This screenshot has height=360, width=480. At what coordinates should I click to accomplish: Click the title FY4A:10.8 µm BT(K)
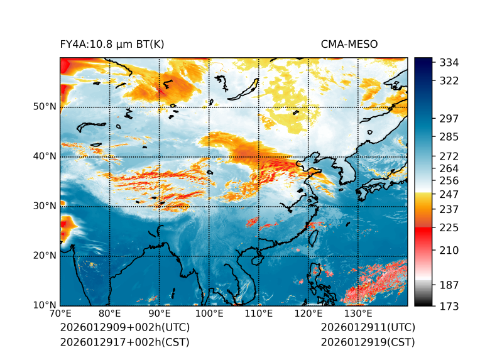(112, 44)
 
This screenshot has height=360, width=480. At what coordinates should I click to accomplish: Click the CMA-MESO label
(349, 44)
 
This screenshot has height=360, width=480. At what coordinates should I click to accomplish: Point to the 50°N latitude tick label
(45, 107)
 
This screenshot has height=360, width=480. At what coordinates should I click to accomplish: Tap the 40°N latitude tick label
(45, 156)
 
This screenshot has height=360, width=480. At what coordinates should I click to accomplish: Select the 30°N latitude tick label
(45, 206)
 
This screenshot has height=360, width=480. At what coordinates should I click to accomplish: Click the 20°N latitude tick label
(45, 256)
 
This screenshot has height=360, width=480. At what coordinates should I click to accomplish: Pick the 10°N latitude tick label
(45, 305)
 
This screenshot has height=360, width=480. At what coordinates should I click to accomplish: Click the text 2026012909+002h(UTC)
(125, 328)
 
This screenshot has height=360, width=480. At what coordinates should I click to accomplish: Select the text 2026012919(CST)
(368, 342)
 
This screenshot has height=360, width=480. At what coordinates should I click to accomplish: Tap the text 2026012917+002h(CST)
(124, 342)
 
